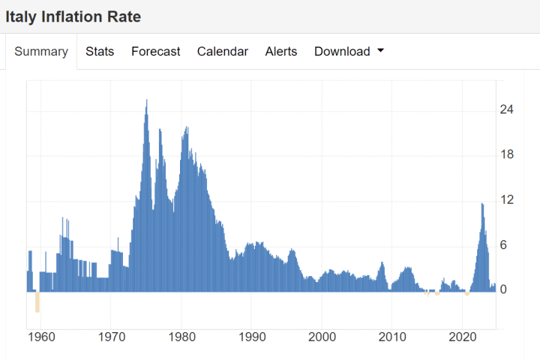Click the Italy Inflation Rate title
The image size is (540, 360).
tap(73, 16)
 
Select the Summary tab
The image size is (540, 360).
tap(41, 52)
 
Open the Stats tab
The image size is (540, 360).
tap(100, 52)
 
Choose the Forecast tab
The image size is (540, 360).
tap(155, 52)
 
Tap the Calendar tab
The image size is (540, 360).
tap(223, 52)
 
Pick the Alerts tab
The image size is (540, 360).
tap(281, 52)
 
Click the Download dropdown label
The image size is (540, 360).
tap(342, 52)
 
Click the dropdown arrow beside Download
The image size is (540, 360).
tap(380, 51)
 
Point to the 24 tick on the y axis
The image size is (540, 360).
tap(507, 110)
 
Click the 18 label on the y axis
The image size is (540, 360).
tap(507, 155)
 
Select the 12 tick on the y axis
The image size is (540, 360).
tap(507, 200)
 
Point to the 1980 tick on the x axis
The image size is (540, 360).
tap(181, 336)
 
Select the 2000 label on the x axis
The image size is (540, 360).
tap(322, 336)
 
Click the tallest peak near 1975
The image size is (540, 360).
tap(146, 100)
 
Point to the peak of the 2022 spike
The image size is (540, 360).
tap(482, 204)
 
